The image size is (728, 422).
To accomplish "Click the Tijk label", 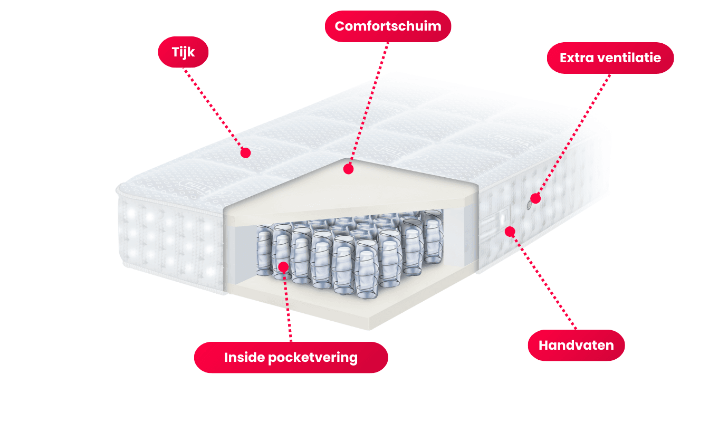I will (184, 52).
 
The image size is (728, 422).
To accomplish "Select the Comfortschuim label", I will (388, 26).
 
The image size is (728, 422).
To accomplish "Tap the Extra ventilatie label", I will (610, 57).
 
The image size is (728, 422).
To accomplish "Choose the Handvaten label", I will (576, 346).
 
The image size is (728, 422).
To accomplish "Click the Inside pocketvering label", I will (291, 358).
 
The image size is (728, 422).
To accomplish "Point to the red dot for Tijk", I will (245, 153).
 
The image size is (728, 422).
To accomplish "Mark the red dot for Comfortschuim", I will (348, 169).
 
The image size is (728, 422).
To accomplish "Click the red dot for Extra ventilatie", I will (535, 198).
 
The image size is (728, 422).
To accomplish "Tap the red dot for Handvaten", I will (510, 231).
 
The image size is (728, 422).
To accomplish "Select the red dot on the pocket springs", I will (283, 266).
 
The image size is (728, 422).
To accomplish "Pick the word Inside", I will (244, 358).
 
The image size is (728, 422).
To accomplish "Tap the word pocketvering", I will (312, 358).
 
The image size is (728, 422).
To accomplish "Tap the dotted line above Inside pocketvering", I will (288, 306).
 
